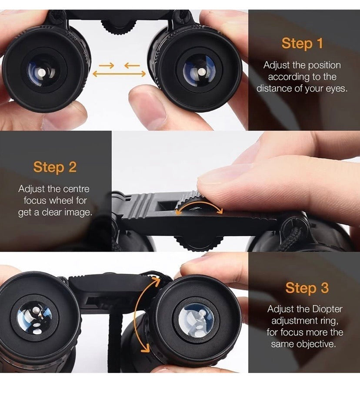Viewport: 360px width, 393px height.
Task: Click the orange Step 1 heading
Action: click(x=302, y=43)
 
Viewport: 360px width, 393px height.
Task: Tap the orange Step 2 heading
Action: click(x=55, y=167)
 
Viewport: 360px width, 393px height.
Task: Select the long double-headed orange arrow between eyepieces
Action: click(x=119, y=74)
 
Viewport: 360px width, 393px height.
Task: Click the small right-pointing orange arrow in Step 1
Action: click(x=106, y=66)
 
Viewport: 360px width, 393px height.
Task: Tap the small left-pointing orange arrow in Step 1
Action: click(x=132, y=66)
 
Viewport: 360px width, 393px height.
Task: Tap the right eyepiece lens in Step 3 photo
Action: click(x=196, y=320)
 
